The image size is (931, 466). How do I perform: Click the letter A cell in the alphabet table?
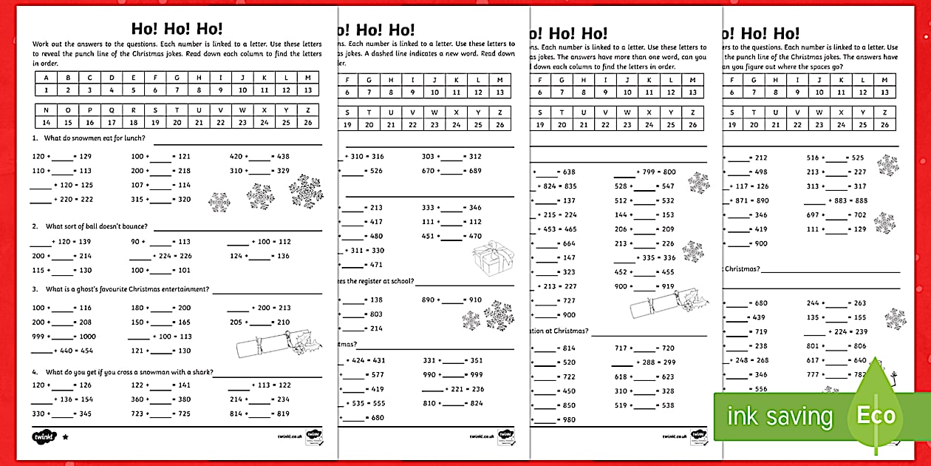click(x=46, y=78)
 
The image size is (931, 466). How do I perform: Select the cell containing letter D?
click(x=112, y=78)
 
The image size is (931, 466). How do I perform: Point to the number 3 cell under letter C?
click(x=89, y=90)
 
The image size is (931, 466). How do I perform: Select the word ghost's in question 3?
click(x=94, y=289)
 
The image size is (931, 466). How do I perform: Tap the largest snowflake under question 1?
click(x=305, y=192)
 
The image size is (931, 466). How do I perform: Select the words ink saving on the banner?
click(x=780, y=416)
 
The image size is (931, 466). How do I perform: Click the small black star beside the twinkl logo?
click(x=65, y=436)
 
